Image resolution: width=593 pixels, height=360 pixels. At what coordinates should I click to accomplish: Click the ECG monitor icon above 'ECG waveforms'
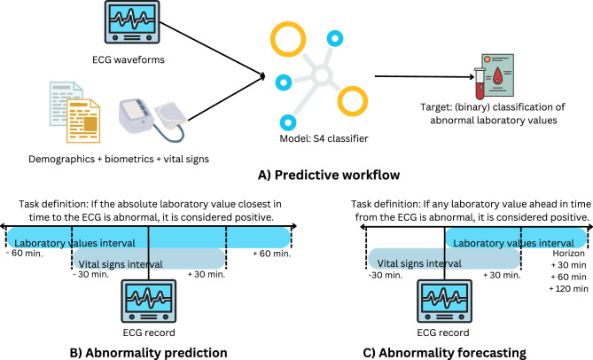[132, 22]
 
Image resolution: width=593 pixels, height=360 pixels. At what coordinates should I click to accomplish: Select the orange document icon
[83, 121]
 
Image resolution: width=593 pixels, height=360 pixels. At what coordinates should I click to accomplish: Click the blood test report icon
[497, 75]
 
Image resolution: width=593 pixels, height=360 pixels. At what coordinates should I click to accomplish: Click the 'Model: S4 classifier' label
[324, 139]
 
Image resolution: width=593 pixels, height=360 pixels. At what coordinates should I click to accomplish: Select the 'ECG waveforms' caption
[129, 59]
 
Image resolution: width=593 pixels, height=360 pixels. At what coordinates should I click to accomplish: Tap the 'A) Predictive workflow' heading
[329, 175]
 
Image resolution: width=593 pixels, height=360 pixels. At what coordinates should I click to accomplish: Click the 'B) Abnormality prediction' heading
[149, 353]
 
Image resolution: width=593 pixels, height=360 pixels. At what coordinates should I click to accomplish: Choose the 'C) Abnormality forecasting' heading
[444, 353]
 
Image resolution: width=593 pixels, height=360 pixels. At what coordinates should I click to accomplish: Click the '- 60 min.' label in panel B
[25, 254]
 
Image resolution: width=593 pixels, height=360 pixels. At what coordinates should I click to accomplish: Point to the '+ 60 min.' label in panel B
[272, 254]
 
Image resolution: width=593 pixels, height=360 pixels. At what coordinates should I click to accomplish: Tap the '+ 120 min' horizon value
[568, 289]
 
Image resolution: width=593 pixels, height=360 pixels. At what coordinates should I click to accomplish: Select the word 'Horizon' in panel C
[568, 254]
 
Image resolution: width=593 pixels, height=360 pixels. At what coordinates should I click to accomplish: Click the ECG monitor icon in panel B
[149, 301]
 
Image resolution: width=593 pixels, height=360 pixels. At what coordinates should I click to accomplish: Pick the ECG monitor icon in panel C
[444, 301]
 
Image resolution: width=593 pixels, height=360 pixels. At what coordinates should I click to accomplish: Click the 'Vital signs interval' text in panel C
[419, 263]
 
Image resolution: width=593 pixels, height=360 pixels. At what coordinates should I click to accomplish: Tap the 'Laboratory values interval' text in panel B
[74, 243]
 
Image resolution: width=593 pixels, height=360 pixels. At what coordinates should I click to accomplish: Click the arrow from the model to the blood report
[425, 76]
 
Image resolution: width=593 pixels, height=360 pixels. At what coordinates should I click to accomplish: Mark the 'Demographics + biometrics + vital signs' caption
[119, 160]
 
